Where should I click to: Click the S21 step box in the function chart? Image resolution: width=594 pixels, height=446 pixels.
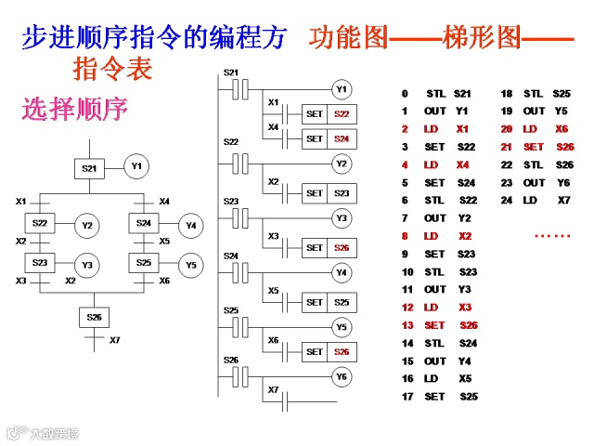[x=89, y=168]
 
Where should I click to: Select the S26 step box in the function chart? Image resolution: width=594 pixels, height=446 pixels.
[x=95, y=318]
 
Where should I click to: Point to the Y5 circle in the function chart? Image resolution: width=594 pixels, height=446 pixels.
[x=190, y=264]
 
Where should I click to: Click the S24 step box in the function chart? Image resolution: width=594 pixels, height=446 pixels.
[x=143, y=224]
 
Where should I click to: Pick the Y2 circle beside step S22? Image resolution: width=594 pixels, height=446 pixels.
[x=87, y=225]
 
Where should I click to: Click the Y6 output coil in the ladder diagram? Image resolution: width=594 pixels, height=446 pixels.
[x=342, y=376]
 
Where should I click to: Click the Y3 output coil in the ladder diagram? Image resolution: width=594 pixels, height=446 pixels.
[x=342, y=218]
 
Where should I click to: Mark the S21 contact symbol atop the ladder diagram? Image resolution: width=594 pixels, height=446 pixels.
[x=240, y=89]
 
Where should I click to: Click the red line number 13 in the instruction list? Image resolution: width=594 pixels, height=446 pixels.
[x=407, y=325]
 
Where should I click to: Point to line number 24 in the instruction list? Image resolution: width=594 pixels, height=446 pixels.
[x=506, y=200]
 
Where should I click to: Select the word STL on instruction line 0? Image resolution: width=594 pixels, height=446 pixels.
[x=436, y=94]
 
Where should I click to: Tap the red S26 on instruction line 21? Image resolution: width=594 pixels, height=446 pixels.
[x=565, y=147]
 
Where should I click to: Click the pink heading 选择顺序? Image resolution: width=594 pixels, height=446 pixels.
[x=74, y=110]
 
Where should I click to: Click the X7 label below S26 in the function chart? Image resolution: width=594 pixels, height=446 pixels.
[x=114, y=341]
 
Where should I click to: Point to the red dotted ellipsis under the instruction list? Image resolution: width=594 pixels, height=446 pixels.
[x=552, y=236]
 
